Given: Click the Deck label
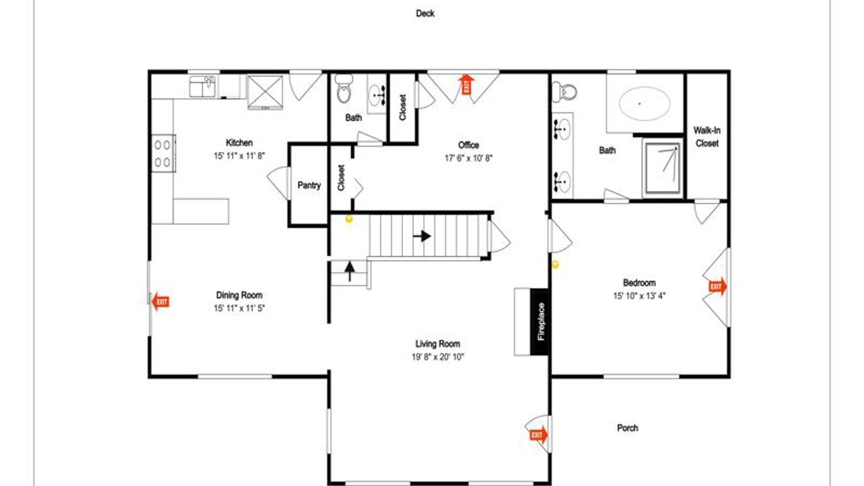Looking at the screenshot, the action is pyautogui.click(x=425, y=13).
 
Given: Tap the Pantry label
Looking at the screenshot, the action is pyautogui.click(x=309, y=186).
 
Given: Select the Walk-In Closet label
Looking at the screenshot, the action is pyautogui.click(x=707, y=137).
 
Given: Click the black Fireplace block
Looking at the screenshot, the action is pyautogui.click(x=539, y=322).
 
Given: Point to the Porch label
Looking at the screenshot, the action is pyautogui.click(x=628, y=428).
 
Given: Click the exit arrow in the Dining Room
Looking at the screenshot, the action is pyautogui.click(x=161, y=302).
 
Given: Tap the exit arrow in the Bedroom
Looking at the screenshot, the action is pyautogui.click(x=718, y=287).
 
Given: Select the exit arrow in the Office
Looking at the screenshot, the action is pyautogui.click(x=466, y=84).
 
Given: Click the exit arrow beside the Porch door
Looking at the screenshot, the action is pyautogui.click(x=539, y=435).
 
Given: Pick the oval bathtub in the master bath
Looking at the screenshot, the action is pyautogui.click(x=645, y=103).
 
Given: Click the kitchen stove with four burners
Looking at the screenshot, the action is pyautogui.click(x=163, y=153).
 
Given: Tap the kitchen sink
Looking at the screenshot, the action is pyautogui.click(x=202, y=86).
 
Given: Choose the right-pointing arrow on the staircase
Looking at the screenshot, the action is pyautogui.click(x=422, y=236).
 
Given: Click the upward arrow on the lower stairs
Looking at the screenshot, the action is pyautogui.click(x=350, y=271).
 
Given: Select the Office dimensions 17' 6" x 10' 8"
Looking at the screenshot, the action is pyautogui.click(x=468, y=158).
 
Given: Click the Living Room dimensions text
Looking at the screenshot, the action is pyautogui.click(x=438, y=357).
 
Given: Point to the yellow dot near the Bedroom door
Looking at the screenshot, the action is pyautogui.click(x=556, y=265).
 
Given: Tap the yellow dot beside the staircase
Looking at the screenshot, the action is pyautogui.click(x=349, y=219).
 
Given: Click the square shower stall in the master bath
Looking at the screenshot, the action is pyautogui.click(x=663, y=168).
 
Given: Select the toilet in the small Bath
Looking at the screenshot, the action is pyautogui.click(x=344, y=89).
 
